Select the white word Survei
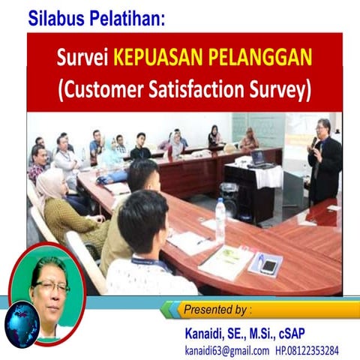tap(84, 58)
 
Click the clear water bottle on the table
tap(220, 220)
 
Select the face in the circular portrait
tap(51, 288)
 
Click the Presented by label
tap(218, 310)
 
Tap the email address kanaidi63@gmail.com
tap(226, 350)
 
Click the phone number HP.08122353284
tap(307, 350)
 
